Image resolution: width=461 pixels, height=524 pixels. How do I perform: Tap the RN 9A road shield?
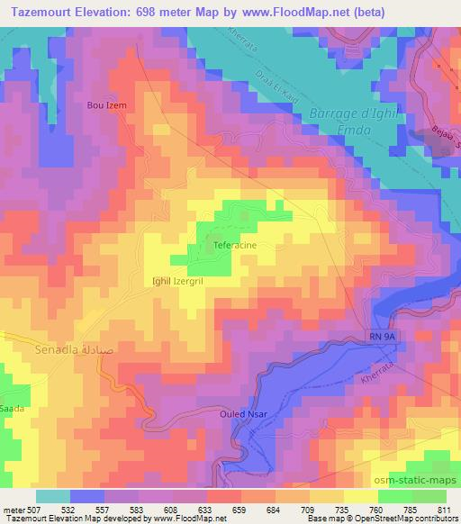381,336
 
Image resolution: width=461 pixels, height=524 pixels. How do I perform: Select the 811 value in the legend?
443,510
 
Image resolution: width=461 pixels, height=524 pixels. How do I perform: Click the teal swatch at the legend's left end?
53,496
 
